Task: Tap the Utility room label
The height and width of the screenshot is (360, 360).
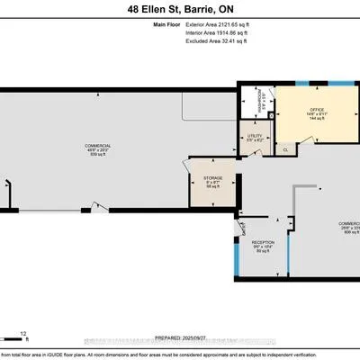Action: [x=256, y=137]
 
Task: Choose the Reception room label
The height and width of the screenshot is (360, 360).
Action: [x=264, y=242]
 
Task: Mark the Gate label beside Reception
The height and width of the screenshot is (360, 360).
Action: [x=243, y=225]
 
